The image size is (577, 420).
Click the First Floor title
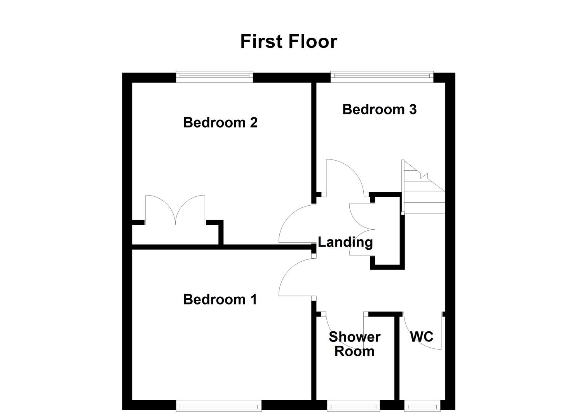288,41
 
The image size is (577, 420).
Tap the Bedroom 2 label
220,122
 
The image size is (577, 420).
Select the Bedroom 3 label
379,109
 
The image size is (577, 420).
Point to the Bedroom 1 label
220,299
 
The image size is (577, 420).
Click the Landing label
345,242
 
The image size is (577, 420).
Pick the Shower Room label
354,344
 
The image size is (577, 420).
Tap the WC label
422,336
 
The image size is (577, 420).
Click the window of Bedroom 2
214,76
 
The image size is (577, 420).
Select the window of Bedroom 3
382,76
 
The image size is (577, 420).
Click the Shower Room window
353,407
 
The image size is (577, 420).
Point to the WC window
422,407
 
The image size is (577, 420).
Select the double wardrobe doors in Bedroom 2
175,210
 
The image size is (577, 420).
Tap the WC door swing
422,331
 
